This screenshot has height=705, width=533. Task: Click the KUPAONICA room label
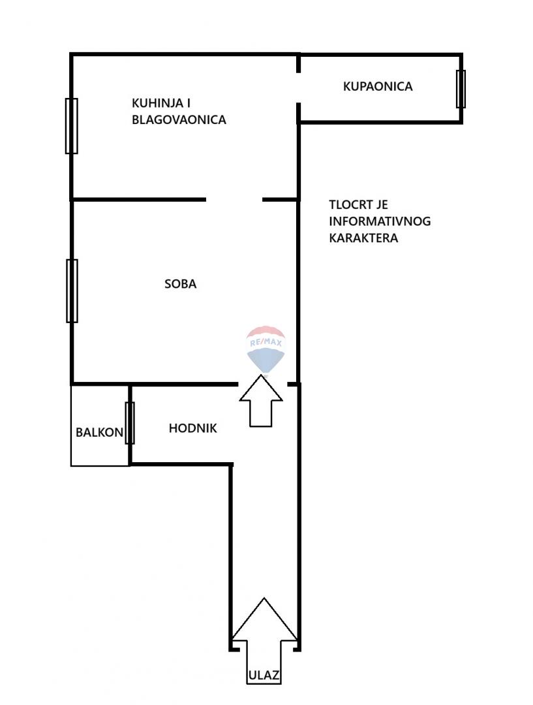(x=378, y=86)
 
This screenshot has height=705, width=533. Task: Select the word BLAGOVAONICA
(x=179, y=120)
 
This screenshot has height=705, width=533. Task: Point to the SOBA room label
(x=181, y=284)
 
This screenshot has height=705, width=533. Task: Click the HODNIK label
(x=192, y=429)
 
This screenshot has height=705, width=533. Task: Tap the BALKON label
(x=99, y=432)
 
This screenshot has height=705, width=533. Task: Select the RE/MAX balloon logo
(x=265, y=349)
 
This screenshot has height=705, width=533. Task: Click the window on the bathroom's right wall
(x=461, y=89)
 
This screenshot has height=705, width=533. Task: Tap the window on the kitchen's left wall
(x=72, y=126)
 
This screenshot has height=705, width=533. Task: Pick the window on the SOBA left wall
(x=72, y=290)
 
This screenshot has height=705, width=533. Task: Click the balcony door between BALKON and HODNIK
(x=130, y=423)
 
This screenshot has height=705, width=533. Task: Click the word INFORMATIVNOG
(x=380, y=221)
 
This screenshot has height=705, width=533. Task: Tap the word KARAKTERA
(x=363, y=238)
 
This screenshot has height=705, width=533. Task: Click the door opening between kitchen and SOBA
(x=234, y=199)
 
